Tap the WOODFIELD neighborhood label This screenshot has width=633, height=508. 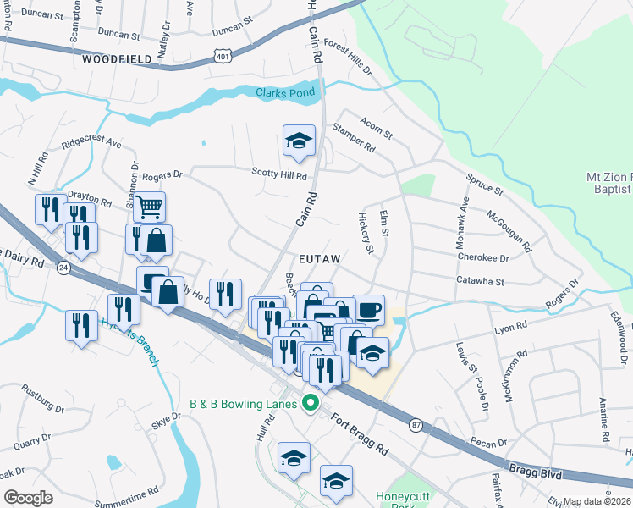(118, 59)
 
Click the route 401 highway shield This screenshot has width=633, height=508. (223, 56)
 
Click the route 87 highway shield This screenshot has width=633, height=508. (415, 423)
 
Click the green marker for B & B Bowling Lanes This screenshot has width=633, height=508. (311, 404)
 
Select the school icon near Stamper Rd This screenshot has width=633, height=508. (299, 142)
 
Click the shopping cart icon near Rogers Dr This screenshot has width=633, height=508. (149, 206)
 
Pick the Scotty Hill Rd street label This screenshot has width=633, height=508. (278, 173)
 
